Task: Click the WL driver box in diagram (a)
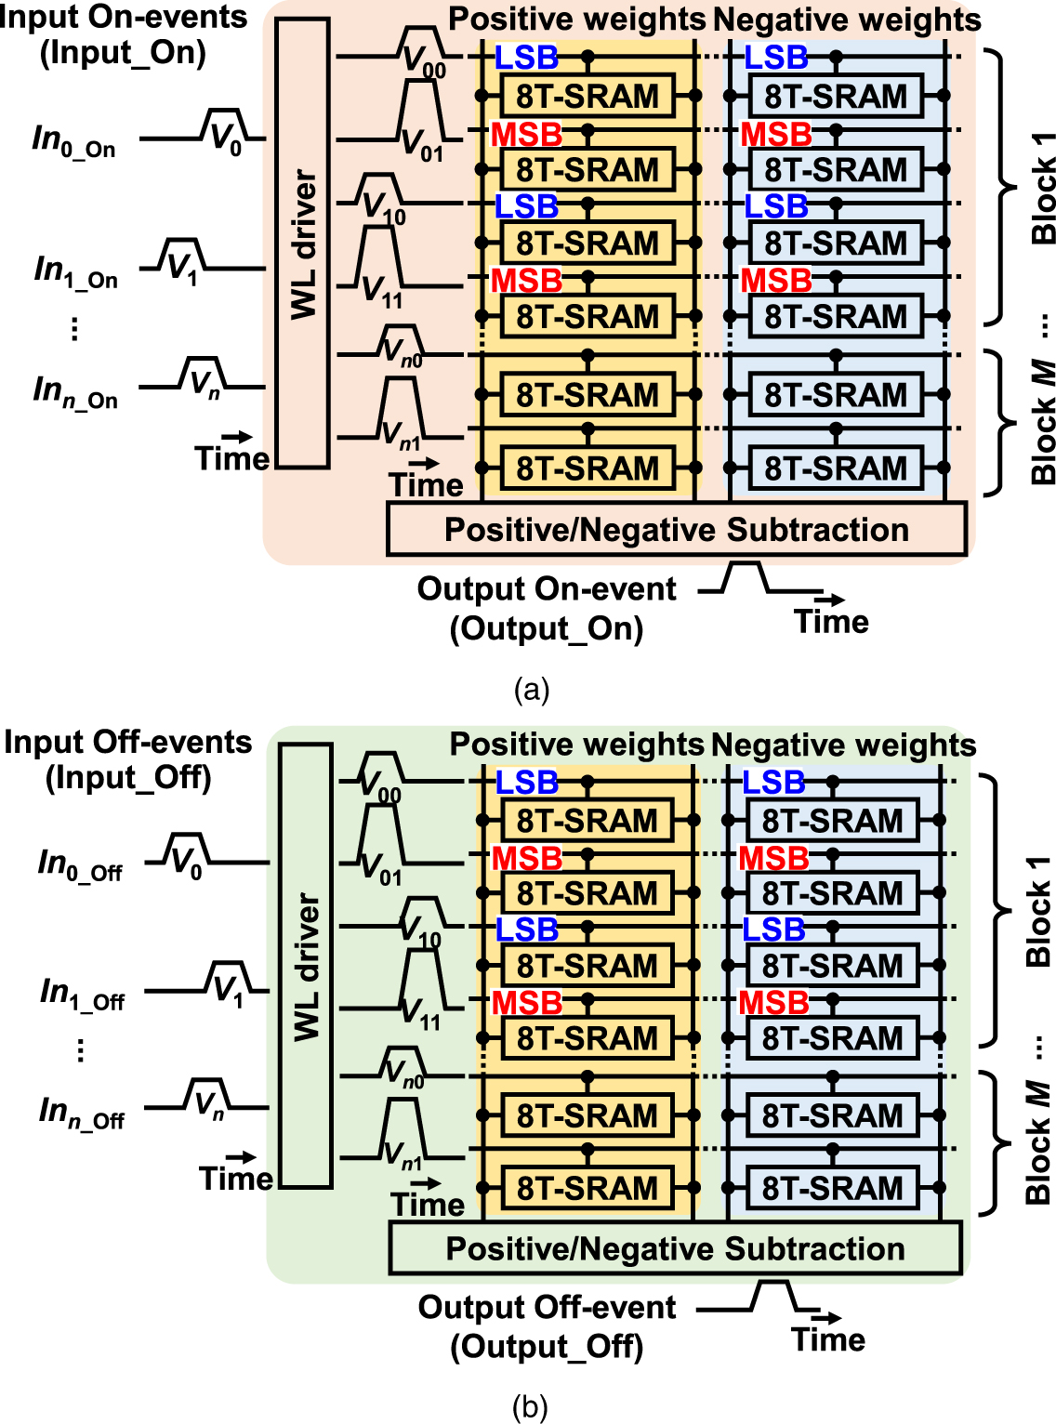coord(303,244)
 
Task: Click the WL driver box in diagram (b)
coord(306,967)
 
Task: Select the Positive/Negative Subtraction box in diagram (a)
coord(676,530)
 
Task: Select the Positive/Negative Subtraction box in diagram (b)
coord(675,1248)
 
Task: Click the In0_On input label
coord(73,140)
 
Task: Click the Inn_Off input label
coord(81,1112)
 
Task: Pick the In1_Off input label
coord(82,994)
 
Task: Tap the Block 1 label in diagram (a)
coord(1043,189)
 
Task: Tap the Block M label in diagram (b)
coord(1039,1143)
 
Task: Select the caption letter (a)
coord(531,690)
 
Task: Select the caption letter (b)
coord(530,1407)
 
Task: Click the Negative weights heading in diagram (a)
coord(846,20)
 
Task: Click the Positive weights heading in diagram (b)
coord(576,745)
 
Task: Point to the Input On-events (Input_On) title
coord(123,34)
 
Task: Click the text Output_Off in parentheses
coord(547,1347)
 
